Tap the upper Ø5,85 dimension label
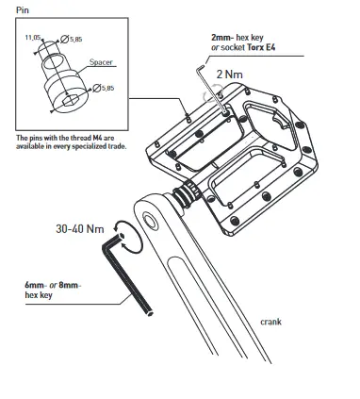click(71, 39)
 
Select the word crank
click(273, 321)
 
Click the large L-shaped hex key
click(130, 274)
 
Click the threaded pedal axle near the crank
click(186, 195)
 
